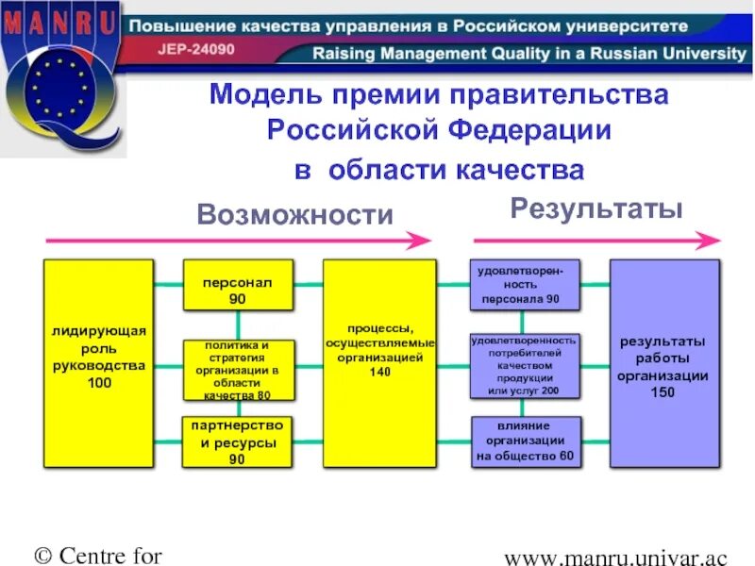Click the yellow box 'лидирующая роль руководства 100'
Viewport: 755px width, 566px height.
98,363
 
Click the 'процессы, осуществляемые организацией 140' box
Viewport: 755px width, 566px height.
379,363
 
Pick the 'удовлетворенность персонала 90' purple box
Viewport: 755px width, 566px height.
525,285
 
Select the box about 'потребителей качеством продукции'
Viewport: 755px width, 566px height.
525,365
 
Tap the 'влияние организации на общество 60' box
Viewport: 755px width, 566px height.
525,441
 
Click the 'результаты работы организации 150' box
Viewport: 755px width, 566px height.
663,363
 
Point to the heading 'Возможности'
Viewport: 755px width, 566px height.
294,215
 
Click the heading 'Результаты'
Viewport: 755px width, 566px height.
596,208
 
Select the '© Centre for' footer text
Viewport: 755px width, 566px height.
99,554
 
